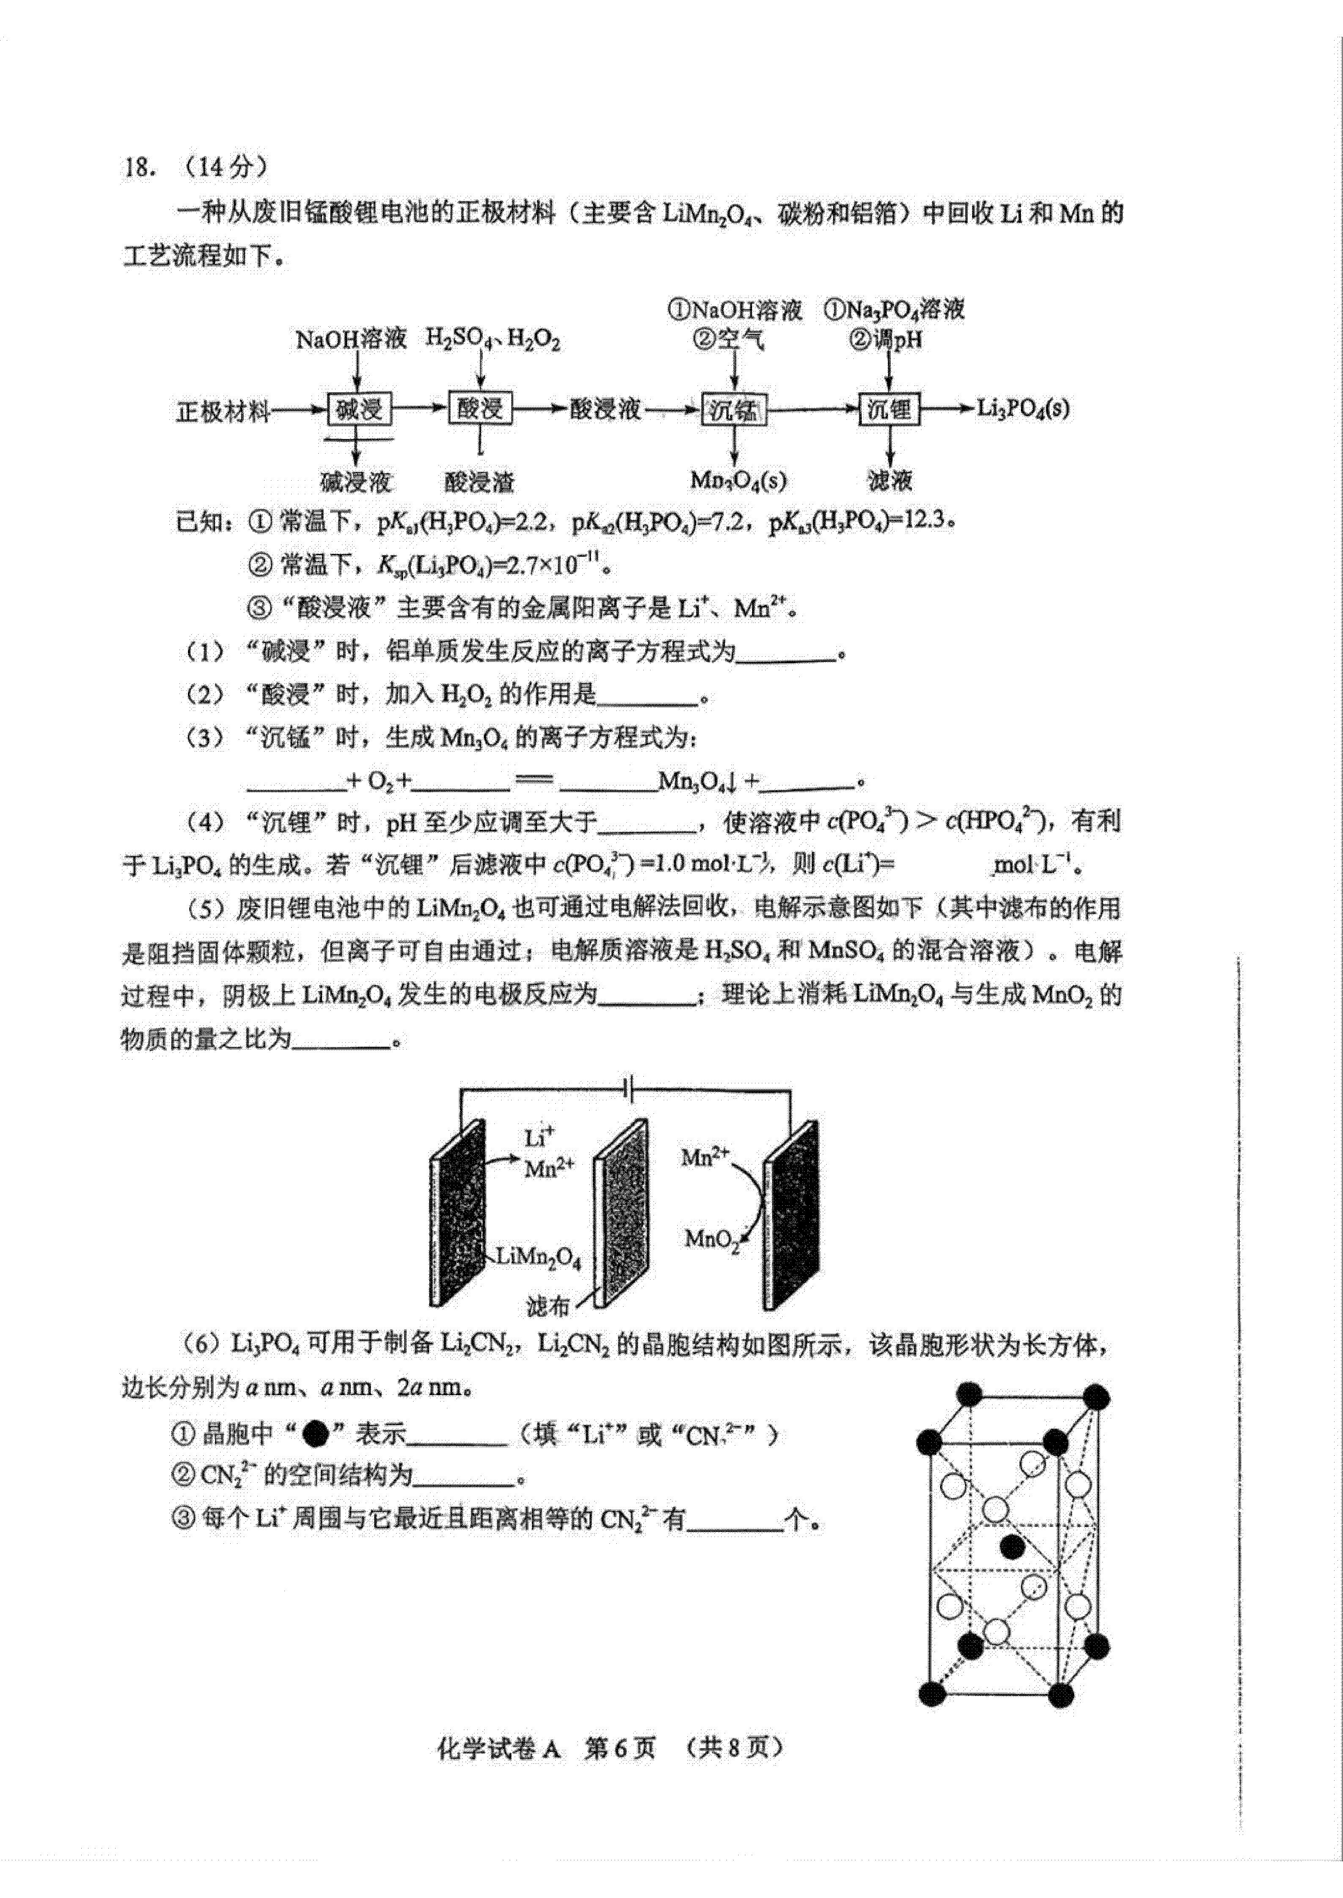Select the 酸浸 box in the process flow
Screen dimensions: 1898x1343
[x=480, y=408]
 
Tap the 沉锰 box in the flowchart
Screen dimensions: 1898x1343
[x=734, y=409]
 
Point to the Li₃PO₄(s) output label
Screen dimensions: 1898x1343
[x=1023, y=408]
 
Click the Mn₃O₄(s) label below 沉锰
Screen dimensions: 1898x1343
[x=739, y=480]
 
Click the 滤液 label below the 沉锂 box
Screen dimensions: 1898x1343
[x=890, y=480]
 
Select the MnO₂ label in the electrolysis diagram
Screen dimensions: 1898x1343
[x=711, y=1240]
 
